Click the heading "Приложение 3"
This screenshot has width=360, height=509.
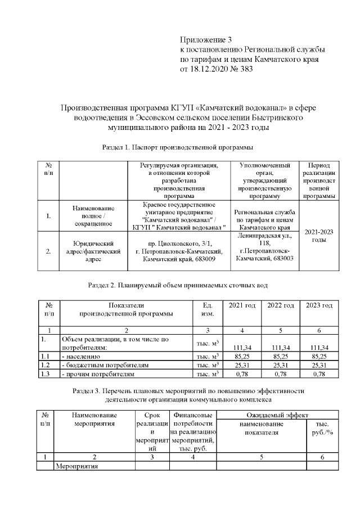click(205, 39)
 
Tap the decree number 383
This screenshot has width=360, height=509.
click(246, 70)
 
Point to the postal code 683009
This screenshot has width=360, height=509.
click(201, 260)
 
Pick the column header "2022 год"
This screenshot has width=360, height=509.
click(281, 305)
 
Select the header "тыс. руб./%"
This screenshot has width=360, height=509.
click(322, 428)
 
